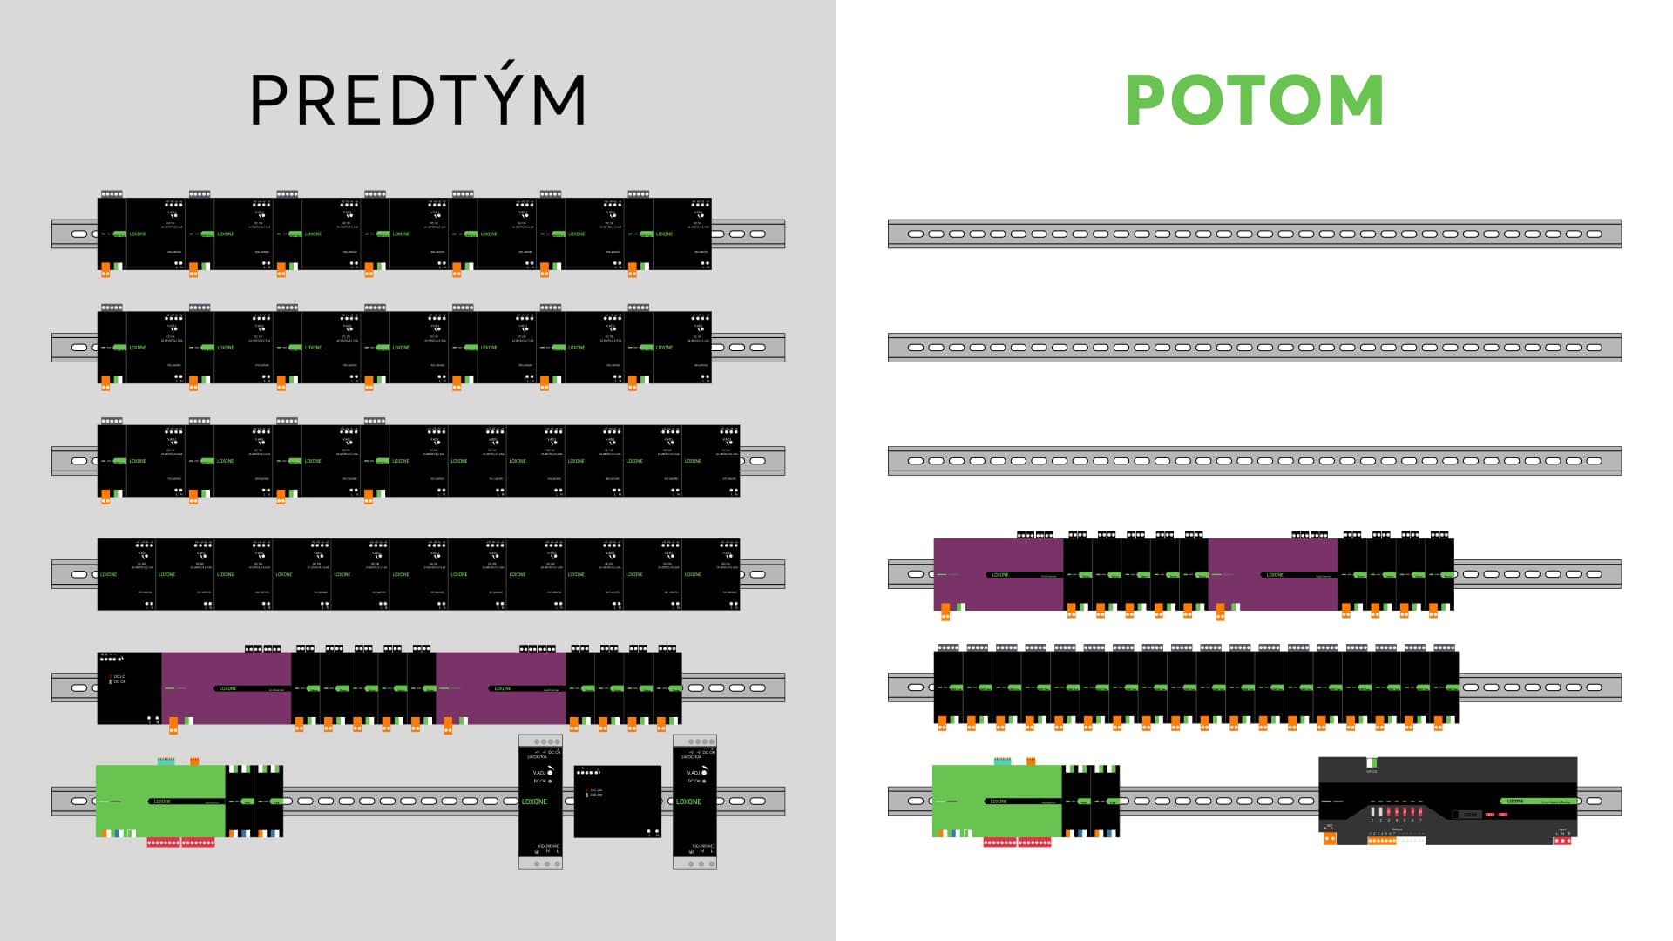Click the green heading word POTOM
point(1255,100)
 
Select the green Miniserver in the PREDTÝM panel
point(160,801)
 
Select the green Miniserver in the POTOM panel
point(997,801)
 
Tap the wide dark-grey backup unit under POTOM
point(1447,800)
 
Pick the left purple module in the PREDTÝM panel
point(226,688)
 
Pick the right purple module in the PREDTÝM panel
point(501,688)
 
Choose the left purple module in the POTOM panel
point(999,574)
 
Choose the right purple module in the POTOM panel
point(1273,574)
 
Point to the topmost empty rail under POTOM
point(1255,234)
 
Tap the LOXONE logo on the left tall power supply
point(534,802)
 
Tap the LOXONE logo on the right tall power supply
point(688,802)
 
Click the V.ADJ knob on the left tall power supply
point(550,772)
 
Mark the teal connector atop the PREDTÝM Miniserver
point(166,761)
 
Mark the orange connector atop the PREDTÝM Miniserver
point(194,761)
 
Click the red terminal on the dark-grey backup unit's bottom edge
point(1562,840)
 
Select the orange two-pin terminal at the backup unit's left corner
point(1330,839)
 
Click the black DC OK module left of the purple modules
point(129,688)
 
